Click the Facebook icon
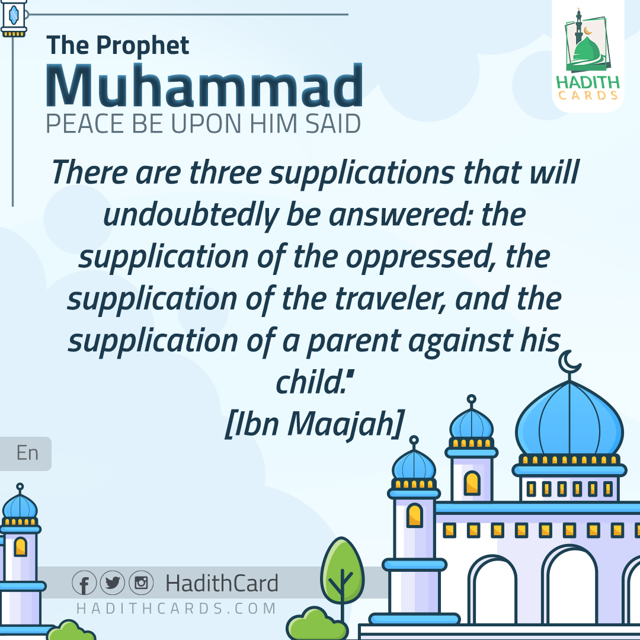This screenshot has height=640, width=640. [84, 583]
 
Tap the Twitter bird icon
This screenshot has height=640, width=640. [113, 583]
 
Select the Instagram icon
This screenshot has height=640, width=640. [141, 583]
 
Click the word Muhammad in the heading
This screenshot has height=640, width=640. [204, 87]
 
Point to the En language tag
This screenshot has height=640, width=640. [27, 453]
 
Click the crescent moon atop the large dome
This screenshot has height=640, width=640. [569, 361]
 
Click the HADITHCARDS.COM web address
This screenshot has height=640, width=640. [177, 609]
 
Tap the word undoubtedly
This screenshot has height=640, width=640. [190, 215]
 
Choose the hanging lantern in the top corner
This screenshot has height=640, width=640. [14, 18]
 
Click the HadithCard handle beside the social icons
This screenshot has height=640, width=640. [222, 584]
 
